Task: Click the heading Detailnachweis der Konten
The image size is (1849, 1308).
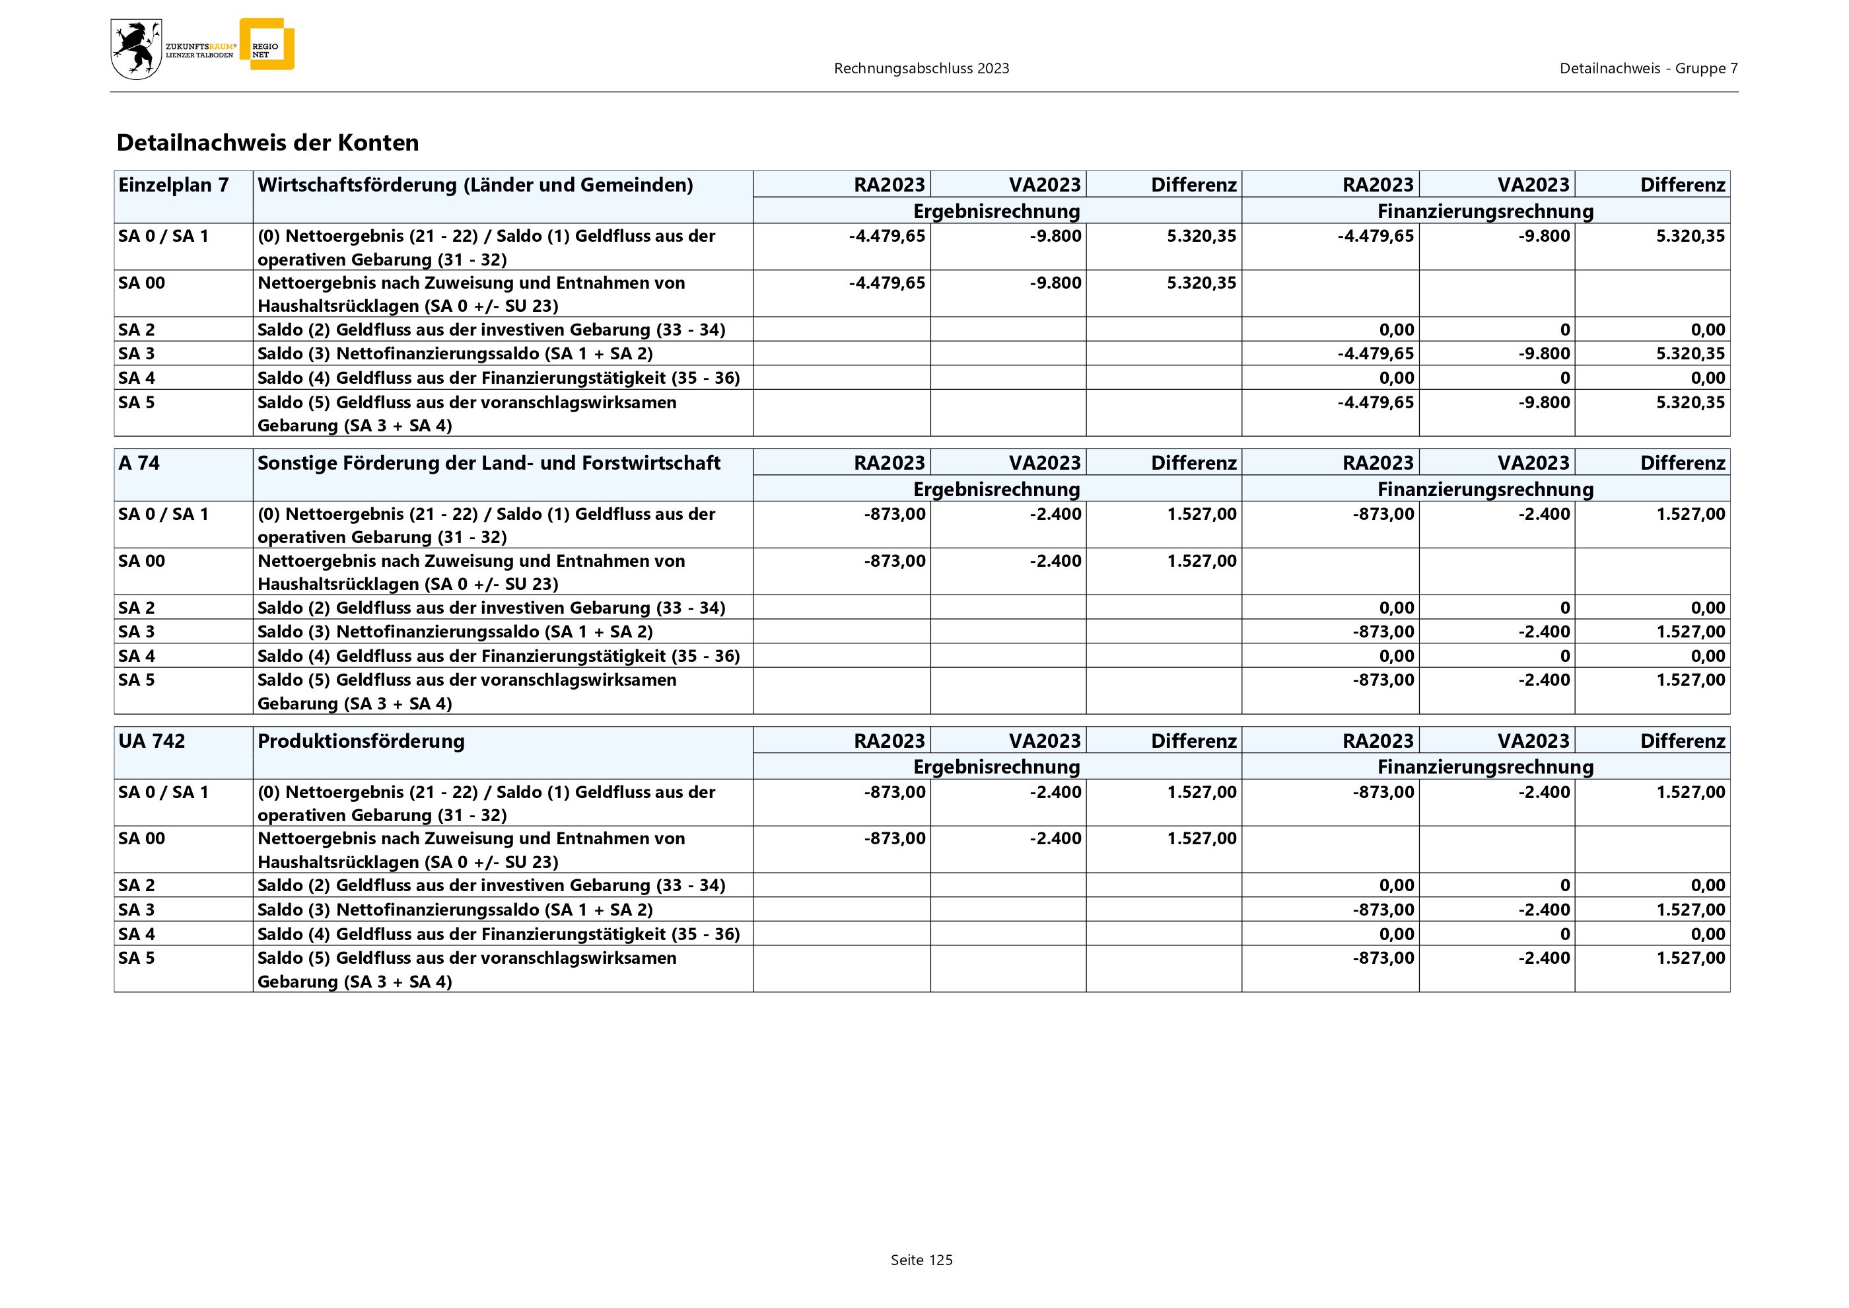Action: [267, 143]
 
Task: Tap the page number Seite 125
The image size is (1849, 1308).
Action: [921, 1260]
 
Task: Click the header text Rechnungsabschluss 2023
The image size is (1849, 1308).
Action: [921, 69]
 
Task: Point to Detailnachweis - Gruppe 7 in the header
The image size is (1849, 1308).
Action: [1648, 69]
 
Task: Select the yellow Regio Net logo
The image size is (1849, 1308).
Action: [267, 44]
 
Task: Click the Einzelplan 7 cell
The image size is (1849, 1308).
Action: [173, 185]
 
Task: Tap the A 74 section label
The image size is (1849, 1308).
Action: [139, 463]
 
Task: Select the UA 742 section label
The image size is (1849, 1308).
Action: [151, 741]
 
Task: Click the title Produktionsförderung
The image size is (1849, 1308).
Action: [361, 741]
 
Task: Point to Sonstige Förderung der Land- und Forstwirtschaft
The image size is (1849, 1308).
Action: [489, 463]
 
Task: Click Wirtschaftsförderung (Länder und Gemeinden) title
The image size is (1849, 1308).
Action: [475, 185]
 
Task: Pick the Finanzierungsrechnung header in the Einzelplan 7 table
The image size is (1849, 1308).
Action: [1485, 211]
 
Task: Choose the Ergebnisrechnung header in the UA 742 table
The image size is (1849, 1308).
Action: [996, 767]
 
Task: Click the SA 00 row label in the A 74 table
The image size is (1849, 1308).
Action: [142, 561]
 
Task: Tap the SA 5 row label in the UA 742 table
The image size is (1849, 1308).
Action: [137, 958]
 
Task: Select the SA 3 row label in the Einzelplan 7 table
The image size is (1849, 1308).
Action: [137, 353]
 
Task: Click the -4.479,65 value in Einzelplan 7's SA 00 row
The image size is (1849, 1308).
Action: [887, 283]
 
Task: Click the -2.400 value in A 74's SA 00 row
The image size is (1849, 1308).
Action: [1055, 561]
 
